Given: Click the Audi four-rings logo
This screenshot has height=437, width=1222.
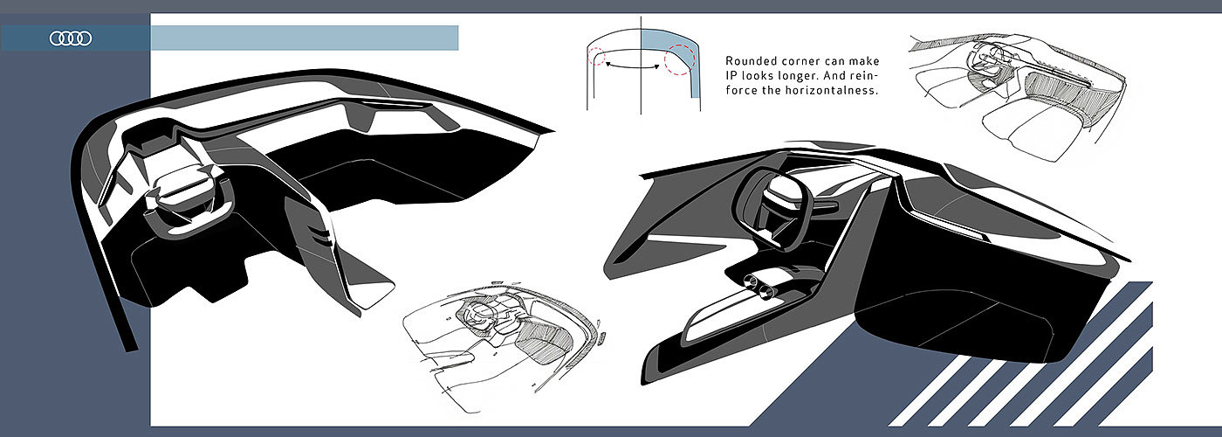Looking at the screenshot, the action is coord(71,38).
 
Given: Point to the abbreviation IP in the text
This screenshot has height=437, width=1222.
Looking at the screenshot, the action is coord(731,76).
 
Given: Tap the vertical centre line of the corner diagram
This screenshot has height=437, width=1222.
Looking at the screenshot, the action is coord(641,87).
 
